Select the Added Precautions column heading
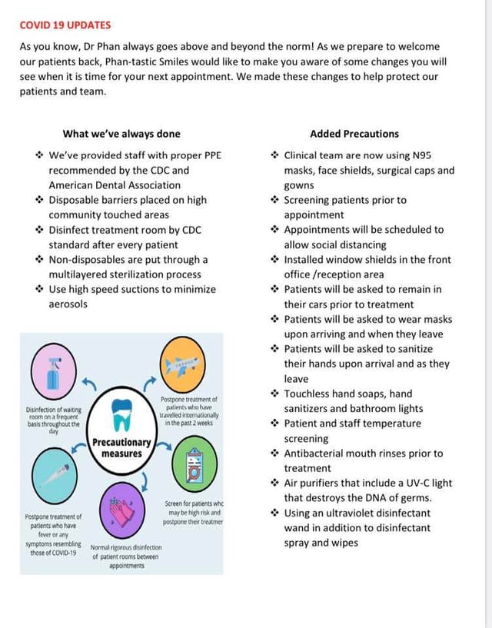click(x=354, y=134)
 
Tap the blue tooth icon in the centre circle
click(x=121, y=414)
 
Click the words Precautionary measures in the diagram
click(x=121, y=447)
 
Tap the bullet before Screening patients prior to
click(x=274, y=200)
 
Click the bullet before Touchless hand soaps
click(x=274, y=394)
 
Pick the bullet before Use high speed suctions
click(x=39, y=290)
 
